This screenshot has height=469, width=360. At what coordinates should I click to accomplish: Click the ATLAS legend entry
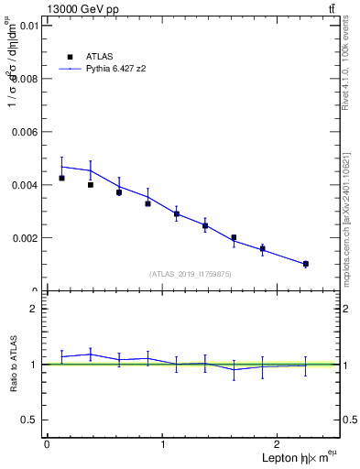coord(98,56)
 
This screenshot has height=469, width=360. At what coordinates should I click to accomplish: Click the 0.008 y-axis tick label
coord(24,79)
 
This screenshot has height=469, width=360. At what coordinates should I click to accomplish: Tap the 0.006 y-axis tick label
coord(24,132)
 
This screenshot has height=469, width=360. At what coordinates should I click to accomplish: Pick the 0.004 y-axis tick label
coord(24,185)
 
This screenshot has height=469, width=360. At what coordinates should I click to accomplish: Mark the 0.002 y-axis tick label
coord(24,238)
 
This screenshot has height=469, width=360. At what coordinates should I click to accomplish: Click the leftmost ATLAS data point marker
coord(61,178)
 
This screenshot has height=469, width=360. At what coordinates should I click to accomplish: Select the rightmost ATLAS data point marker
coord(306,264)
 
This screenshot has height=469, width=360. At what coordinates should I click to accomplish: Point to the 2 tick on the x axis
coord(279,444)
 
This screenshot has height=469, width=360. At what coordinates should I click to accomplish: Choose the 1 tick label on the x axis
coord(163,444)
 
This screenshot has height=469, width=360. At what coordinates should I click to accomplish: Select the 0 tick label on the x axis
coord(47,444)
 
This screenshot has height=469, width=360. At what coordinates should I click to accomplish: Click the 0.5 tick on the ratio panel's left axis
coord(33,420)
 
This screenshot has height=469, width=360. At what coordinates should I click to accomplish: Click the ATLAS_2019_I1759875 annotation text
coord(191,273)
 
